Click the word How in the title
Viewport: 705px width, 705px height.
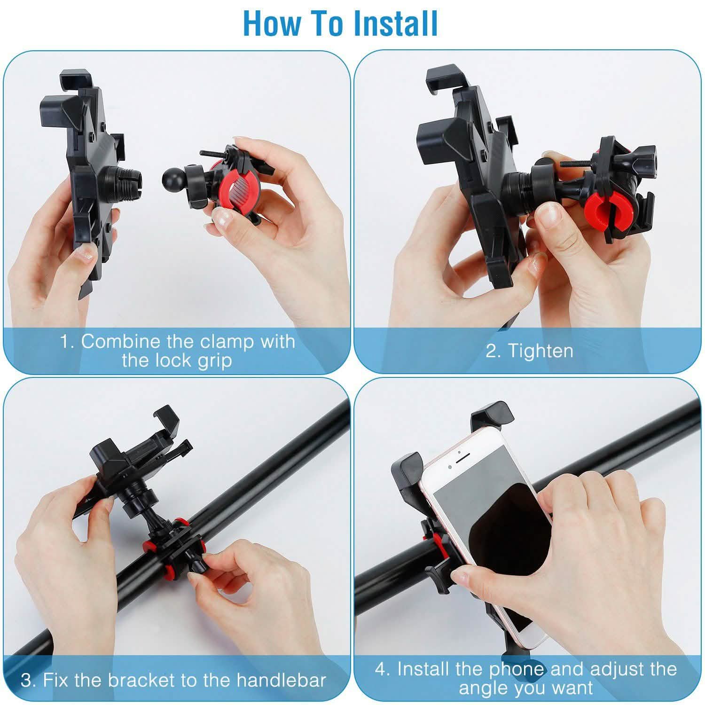272,23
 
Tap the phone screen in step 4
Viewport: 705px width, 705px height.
489,531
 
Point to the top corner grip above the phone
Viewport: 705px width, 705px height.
491,414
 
